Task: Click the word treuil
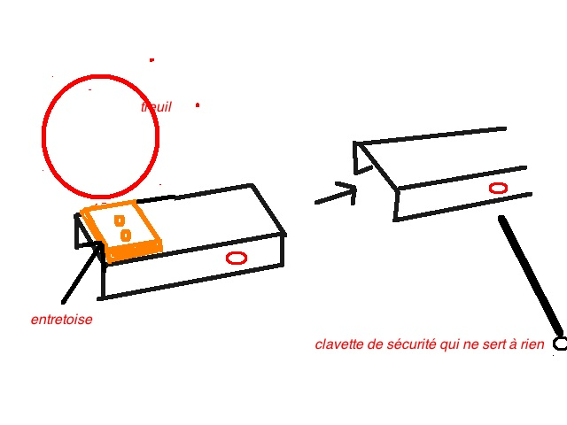[156, 107]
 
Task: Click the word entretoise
[61, 320]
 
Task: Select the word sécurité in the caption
[407, 344]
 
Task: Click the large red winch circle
[100, 136]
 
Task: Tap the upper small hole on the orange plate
[118, 220]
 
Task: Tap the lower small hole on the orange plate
[126, 235]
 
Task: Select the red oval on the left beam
[236, 258]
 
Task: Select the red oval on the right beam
[498, 188]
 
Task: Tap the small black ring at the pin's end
[560, 343]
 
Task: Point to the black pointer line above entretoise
[78, 274]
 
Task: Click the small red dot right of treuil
[197, 105]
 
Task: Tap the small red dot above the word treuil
[151, 60]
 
